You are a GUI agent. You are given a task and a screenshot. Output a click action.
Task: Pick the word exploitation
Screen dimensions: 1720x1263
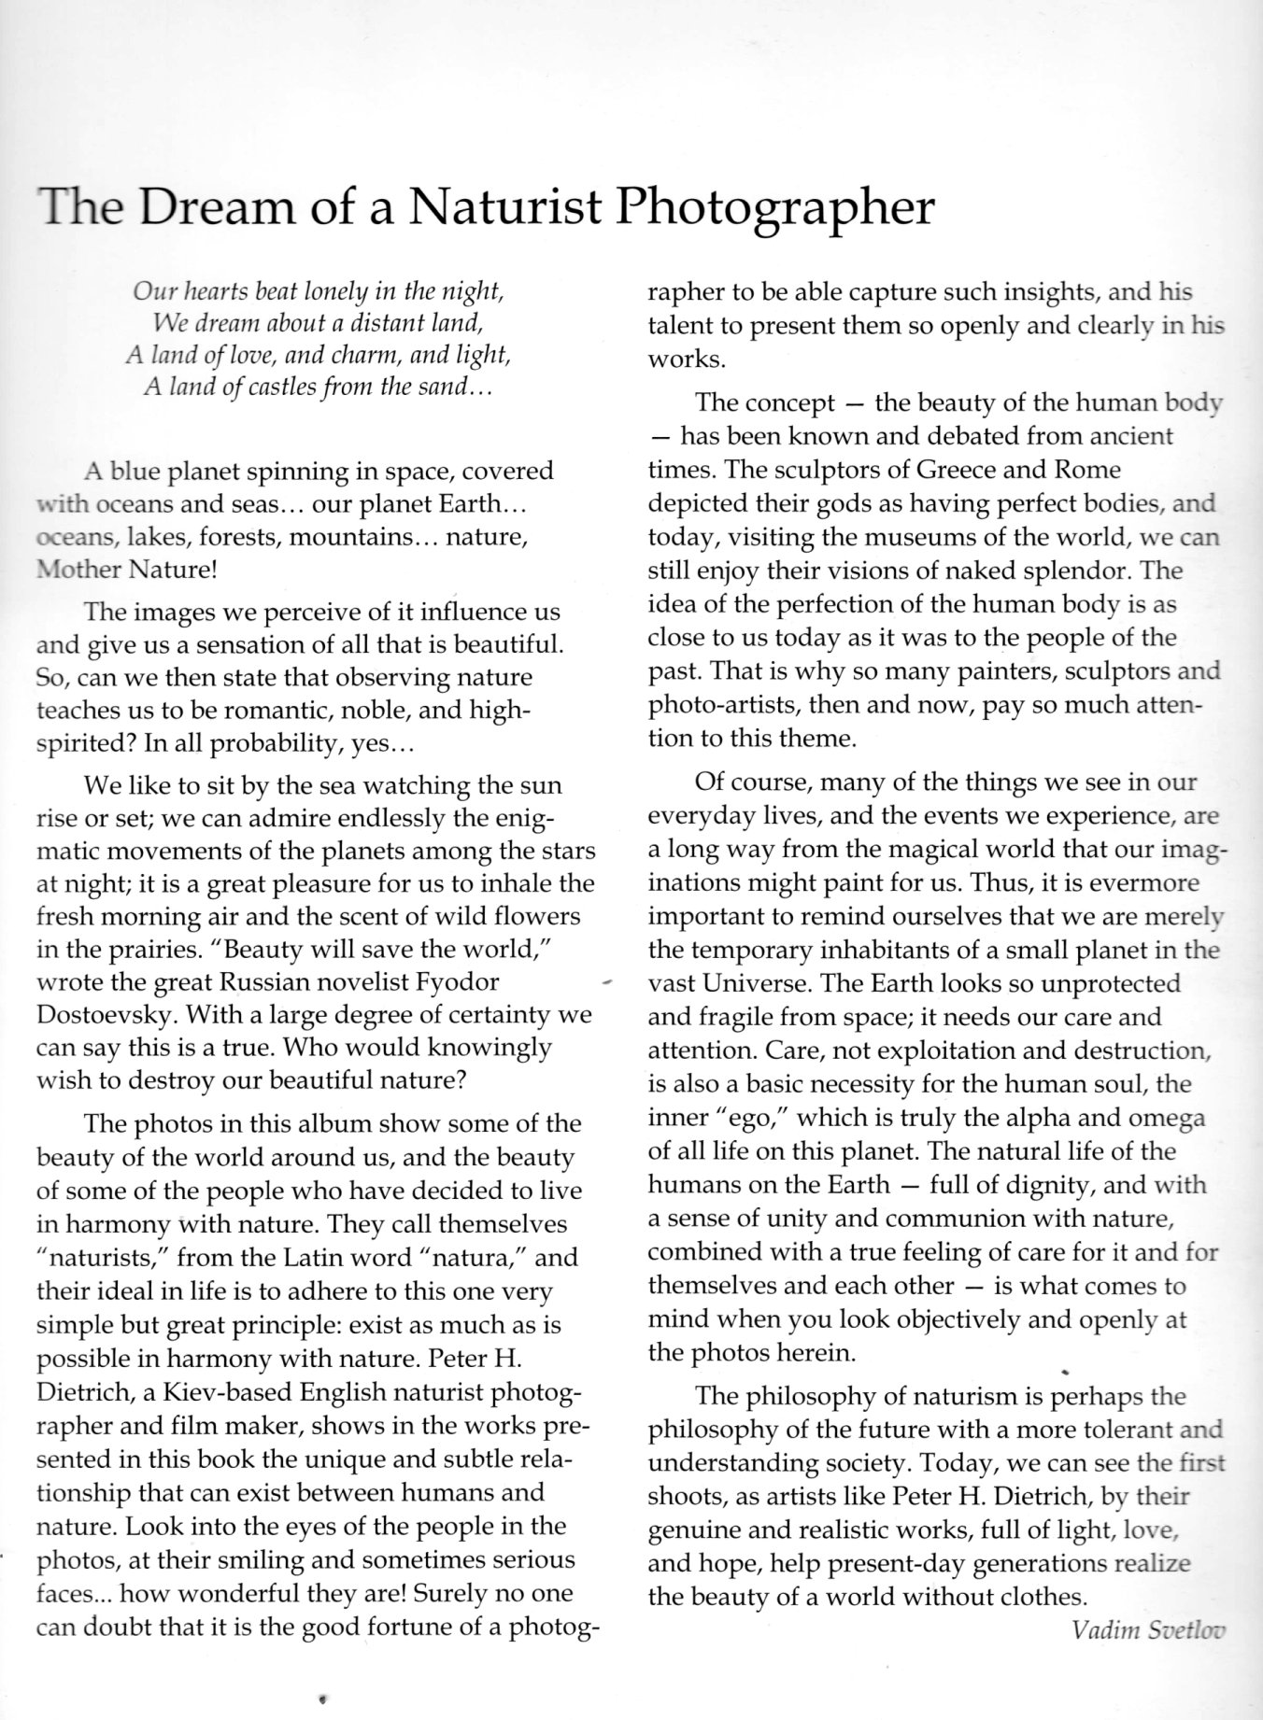click(x=940, y=1050)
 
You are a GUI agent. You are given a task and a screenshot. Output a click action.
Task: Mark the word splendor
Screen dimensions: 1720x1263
click(x=1068, y=571)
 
